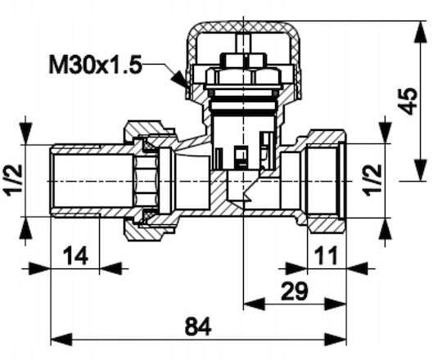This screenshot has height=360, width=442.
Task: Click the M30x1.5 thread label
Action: (x=95, y=65)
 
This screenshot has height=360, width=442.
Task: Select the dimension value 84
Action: (x=198, y=326)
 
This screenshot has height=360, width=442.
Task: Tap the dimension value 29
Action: (x=294, y=291)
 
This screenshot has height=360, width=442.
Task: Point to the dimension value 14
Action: (x=75, y=255)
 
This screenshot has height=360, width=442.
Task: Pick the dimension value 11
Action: (x=326, y=255)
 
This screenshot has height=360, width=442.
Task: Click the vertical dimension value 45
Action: (x=408, y=101)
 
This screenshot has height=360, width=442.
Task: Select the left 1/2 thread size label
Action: (x=12, y=178)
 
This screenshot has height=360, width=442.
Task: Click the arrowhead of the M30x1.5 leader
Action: (x=179, y=79)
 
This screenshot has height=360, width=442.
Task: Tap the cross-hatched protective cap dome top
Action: (x=243, y=27)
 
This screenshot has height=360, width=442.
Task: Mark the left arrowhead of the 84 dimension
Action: (x=61, y=340)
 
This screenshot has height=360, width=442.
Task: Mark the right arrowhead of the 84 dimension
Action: (x=336, y=340)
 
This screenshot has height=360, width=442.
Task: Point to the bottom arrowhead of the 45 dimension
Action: (x=421, y=170)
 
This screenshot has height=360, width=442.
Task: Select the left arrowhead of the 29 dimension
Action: (x=254, y=304)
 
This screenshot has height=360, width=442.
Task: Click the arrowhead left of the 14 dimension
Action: (x=39, y=268)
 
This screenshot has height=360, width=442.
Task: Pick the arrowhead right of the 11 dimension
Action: (x=357, y=268)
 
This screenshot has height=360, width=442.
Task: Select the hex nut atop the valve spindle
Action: (x=243, y=60)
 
